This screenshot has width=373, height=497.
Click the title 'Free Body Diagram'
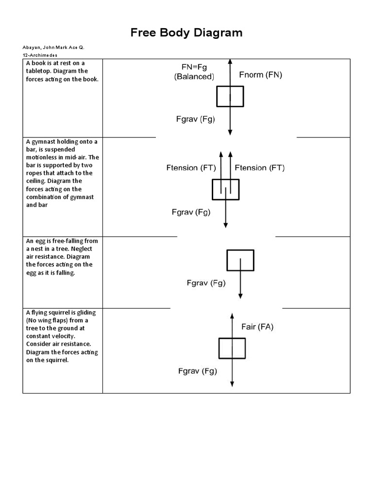tap(186, 33)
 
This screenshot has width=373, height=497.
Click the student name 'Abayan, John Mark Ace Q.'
tap(56, 47)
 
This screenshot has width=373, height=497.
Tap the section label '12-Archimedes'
tap(40, 55)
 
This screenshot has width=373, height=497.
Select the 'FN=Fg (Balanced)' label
tap(194, 72)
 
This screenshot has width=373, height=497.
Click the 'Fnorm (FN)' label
tap(260, 75)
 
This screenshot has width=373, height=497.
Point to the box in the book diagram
tap(230, 96)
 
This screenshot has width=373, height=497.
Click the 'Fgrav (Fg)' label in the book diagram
tap(195, 119)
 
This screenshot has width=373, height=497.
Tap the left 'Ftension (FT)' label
tap(189, 168)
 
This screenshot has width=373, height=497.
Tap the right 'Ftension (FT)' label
tap(260, 168)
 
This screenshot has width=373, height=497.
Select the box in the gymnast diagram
tap(226, 189)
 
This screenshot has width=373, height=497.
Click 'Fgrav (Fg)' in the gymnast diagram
tap(191, 212)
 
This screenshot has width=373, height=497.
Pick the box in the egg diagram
tap(240, 260)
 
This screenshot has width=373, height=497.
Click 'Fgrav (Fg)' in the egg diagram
tap(206, 283)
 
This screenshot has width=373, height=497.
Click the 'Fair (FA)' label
tap(257, 327)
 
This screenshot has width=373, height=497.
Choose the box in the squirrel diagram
tap(232, 348)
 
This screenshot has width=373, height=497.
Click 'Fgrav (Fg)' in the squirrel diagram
tap(197, 372)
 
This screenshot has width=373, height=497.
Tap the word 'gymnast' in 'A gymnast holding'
tap(45, 142)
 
